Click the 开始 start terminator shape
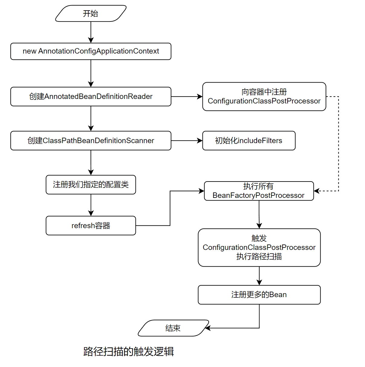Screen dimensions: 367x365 coord(91,14)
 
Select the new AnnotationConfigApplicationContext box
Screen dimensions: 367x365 coord(91,51)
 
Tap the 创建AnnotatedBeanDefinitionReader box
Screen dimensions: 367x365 coord(91,97)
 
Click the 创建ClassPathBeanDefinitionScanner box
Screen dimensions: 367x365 coord(91,141)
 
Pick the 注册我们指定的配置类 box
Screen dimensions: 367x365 coord(91,185)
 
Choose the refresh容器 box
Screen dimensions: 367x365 coord(91,226)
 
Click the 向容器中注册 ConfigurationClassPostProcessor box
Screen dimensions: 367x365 coord(264,97)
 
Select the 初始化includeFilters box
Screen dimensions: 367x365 coord(249,141)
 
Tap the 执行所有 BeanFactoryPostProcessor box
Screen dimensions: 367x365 coord(259,191)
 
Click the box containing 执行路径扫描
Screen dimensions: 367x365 coord(259,247)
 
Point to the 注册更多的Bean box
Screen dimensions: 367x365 coord(259,295)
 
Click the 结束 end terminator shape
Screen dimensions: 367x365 coord(173,328)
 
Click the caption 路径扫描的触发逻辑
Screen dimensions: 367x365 coord(129,352)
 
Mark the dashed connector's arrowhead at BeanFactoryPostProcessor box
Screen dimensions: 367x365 coord(317,191)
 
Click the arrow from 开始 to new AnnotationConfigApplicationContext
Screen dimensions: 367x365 coord(91,32)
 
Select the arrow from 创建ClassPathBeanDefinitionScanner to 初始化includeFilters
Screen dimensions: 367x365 coord(187,141)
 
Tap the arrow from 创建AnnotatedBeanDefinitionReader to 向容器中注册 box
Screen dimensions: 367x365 coord(187,97)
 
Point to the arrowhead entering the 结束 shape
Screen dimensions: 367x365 coord(208,328)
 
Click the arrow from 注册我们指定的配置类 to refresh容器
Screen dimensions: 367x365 coord(91,205)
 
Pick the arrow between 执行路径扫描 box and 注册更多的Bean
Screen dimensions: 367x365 coord(259,276)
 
